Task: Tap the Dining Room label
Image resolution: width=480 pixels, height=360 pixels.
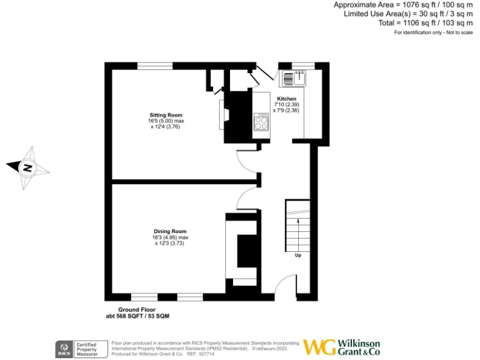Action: click(x=170, y=231)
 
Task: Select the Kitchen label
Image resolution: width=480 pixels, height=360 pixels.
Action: click(x=287, y=99)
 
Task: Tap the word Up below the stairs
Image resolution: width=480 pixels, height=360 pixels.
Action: click(x=298, y=255)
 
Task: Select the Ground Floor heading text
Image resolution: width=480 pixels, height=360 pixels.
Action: click(x=137, y=310)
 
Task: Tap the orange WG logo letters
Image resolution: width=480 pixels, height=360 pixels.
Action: click(x=319, y=347)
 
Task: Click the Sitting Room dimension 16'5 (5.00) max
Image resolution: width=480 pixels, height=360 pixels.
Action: click(x=166, y=121)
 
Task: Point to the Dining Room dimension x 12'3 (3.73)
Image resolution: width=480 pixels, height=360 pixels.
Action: click(x=170, y=243)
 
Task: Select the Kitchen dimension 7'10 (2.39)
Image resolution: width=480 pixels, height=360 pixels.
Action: click(x=287, y=104)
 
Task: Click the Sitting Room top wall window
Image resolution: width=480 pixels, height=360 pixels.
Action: click(x=156, y=66)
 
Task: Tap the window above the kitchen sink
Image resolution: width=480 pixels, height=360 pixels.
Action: click(x=303, y=66)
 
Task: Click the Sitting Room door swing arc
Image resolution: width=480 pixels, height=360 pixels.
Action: click(x=244, y=161)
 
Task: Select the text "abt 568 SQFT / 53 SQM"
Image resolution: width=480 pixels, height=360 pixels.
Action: click(x=137, y=317)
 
